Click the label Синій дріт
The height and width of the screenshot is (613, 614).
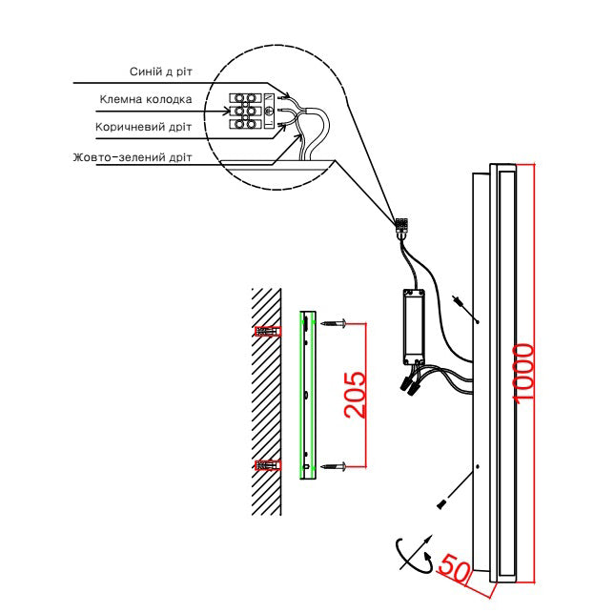[x=161, y=72]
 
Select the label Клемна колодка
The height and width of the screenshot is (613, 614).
[x=146, y=99]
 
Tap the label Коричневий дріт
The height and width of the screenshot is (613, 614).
[x=143, y=127]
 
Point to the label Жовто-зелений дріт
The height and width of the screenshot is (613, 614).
[x=133, y=157]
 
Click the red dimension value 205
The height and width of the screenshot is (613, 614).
[x=356, y=395]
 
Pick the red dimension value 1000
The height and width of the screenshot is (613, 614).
[x=523, y=373]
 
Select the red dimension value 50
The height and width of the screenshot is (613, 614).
[x=454, y=568]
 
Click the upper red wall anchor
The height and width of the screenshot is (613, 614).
[x=268, y=331]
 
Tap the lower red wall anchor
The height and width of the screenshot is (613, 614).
[x=268, y=465]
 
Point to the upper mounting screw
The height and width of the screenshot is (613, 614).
[x=334, y=323]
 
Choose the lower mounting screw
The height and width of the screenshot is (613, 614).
[x=334, y=466]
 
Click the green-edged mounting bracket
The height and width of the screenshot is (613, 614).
[x=308, y=395]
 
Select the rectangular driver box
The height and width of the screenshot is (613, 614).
[x=414, y=327]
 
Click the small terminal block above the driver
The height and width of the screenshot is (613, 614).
[x=401, y=225]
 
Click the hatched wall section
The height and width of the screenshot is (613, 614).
[x=266, y=401]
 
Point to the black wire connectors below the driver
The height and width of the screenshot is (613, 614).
[x=409, y=384]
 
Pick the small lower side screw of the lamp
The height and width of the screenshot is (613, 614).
[x=441, y=504]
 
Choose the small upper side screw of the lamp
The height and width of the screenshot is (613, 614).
[x=458, y=300]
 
